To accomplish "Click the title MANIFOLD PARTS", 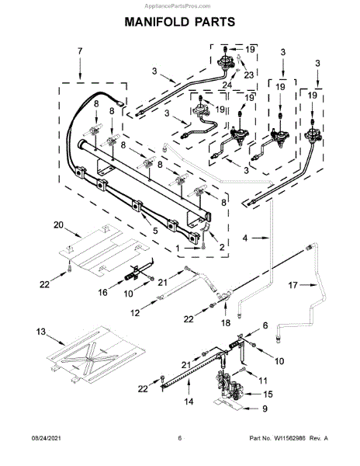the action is tap(179, 22).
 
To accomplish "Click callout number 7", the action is tap(80, 51).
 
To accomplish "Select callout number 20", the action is tap(58, 225).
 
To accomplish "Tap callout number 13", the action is tap(41, 332).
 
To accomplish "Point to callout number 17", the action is tap(292, 285).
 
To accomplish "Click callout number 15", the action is tap(268, 394).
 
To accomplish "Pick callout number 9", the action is tap(265, 409).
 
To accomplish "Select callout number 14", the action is tap(189, 402).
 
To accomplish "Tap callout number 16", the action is tap(102, 293).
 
